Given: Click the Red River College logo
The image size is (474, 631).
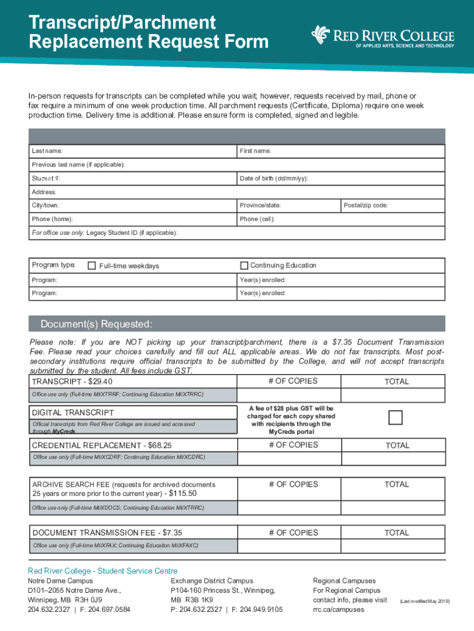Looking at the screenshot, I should click(x=382, y=36).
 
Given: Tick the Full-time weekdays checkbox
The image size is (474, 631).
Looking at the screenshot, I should click(x=92, y=266).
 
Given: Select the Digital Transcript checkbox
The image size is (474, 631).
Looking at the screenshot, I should click(x=396, y=418).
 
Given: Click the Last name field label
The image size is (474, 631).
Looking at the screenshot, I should click(x=47, y=152).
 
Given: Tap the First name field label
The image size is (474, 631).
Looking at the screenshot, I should click(x=255, y=152).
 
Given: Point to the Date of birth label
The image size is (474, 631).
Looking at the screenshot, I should click(x=274, y=179).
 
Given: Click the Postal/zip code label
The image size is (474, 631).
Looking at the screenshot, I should click(x=366, y=205).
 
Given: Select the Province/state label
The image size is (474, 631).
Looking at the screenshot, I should click(x=260, y=205).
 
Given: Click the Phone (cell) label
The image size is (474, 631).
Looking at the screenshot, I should click(x=257, y=219).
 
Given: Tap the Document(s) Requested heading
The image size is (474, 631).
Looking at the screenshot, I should click(x=96, y=325).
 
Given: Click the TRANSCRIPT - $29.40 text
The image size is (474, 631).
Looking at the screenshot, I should click(x=72, y=382).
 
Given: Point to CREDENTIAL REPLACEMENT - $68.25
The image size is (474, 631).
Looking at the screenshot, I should click(x=102, y=446).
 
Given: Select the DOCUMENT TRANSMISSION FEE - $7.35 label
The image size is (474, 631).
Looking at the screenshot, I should click(x=107, y=533).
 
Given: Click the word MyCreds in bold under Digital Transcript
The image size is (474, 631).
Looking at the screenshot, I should click(x=56, y=432).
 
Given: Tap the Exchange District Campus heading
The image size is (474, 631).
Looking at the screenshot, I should click(x=212, y=581).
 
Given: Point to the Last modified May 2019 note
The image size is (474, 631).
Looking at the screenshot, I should click(x=425, y=601).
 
